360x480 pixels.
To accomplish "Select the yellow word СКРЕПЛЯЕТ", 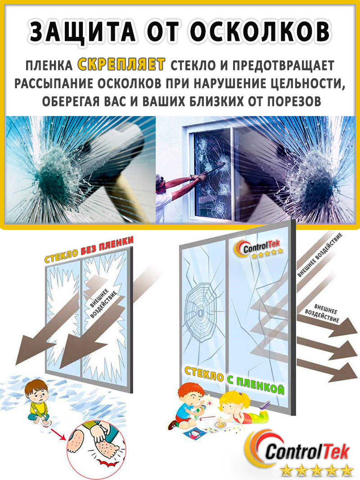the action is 121,65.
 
